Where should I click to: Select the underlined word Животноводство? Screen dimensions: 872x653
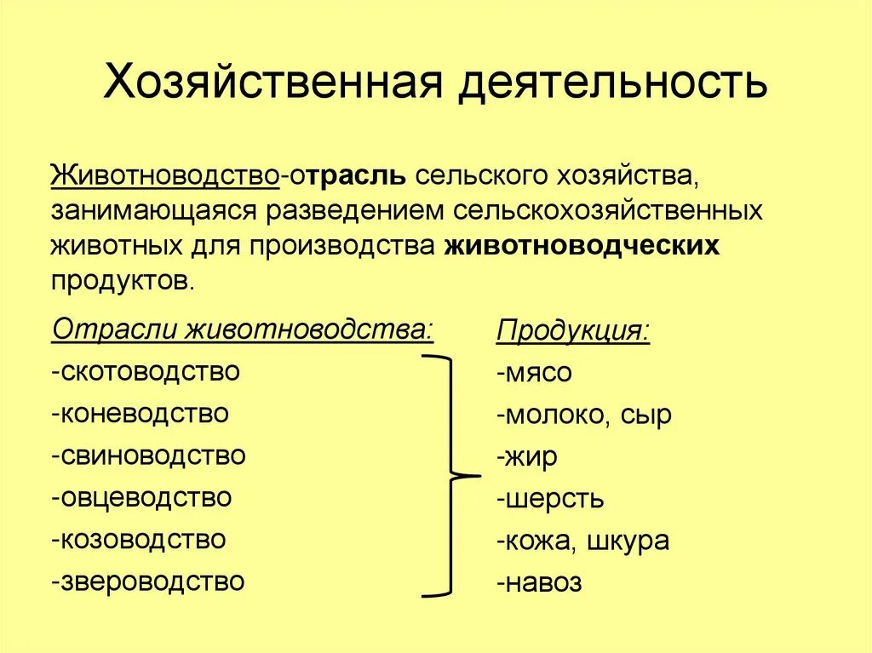coord(166,176)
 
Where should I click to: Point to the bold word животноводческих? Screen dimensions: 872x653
coord(582,245)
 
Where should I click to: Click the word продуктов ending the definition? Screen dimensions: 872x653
coord(122,280)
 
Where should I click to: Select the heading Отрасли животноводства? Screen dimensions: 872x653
coord(243,329)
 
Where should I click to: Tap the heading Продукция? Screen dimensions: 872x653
coord(572,330)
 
